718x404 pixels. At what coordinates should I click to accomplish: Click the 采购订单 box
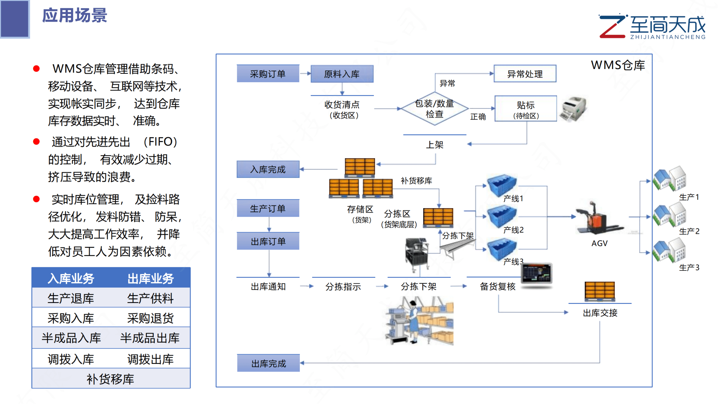(x=268, y=74)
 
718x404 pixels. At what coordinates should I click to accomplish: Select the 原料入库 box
(x=342, y=74)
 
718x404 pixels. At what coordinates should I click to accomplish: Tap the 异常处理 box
(x=525, y=74)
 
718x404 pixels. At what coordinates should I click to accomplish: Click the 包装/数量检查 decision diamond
(x=435, y=109)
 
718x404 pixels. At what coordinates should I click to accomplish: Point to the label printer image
(x=574, y=109)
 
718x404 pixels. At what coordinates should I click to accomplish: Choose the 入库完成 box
(x=268, y=169)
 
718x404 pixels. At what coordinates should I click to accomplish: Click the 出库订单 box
(x=268, y=241)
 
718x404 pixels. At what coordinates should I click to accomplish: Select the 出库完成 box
(x=268, y=363)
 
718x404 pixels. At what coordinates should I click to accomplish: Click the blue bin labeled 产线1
(x=501, y=185)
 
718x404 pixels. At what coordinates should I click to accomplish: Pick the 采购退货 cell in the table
(x=150, y=318)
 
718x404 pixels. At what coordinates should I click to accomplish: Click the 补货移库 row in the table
(x=111, y=379)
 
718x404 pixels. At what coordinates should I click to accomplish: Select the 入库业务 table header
(x=71, y=278)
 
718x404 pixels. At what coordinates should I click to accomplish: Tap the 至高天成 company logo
(x=652, y=26)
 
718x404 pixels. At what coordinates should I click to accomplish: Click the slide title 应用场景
(x=75, y=15)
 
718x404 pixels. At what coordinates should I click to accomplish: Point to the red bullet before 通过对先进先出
(x=36, y=142)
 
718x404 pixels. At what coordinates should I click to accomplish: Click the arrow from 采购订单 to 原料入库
(x=305, y=74)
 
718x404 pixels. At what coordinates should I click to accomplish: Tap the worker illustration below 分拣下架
(x=419, y=321)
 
